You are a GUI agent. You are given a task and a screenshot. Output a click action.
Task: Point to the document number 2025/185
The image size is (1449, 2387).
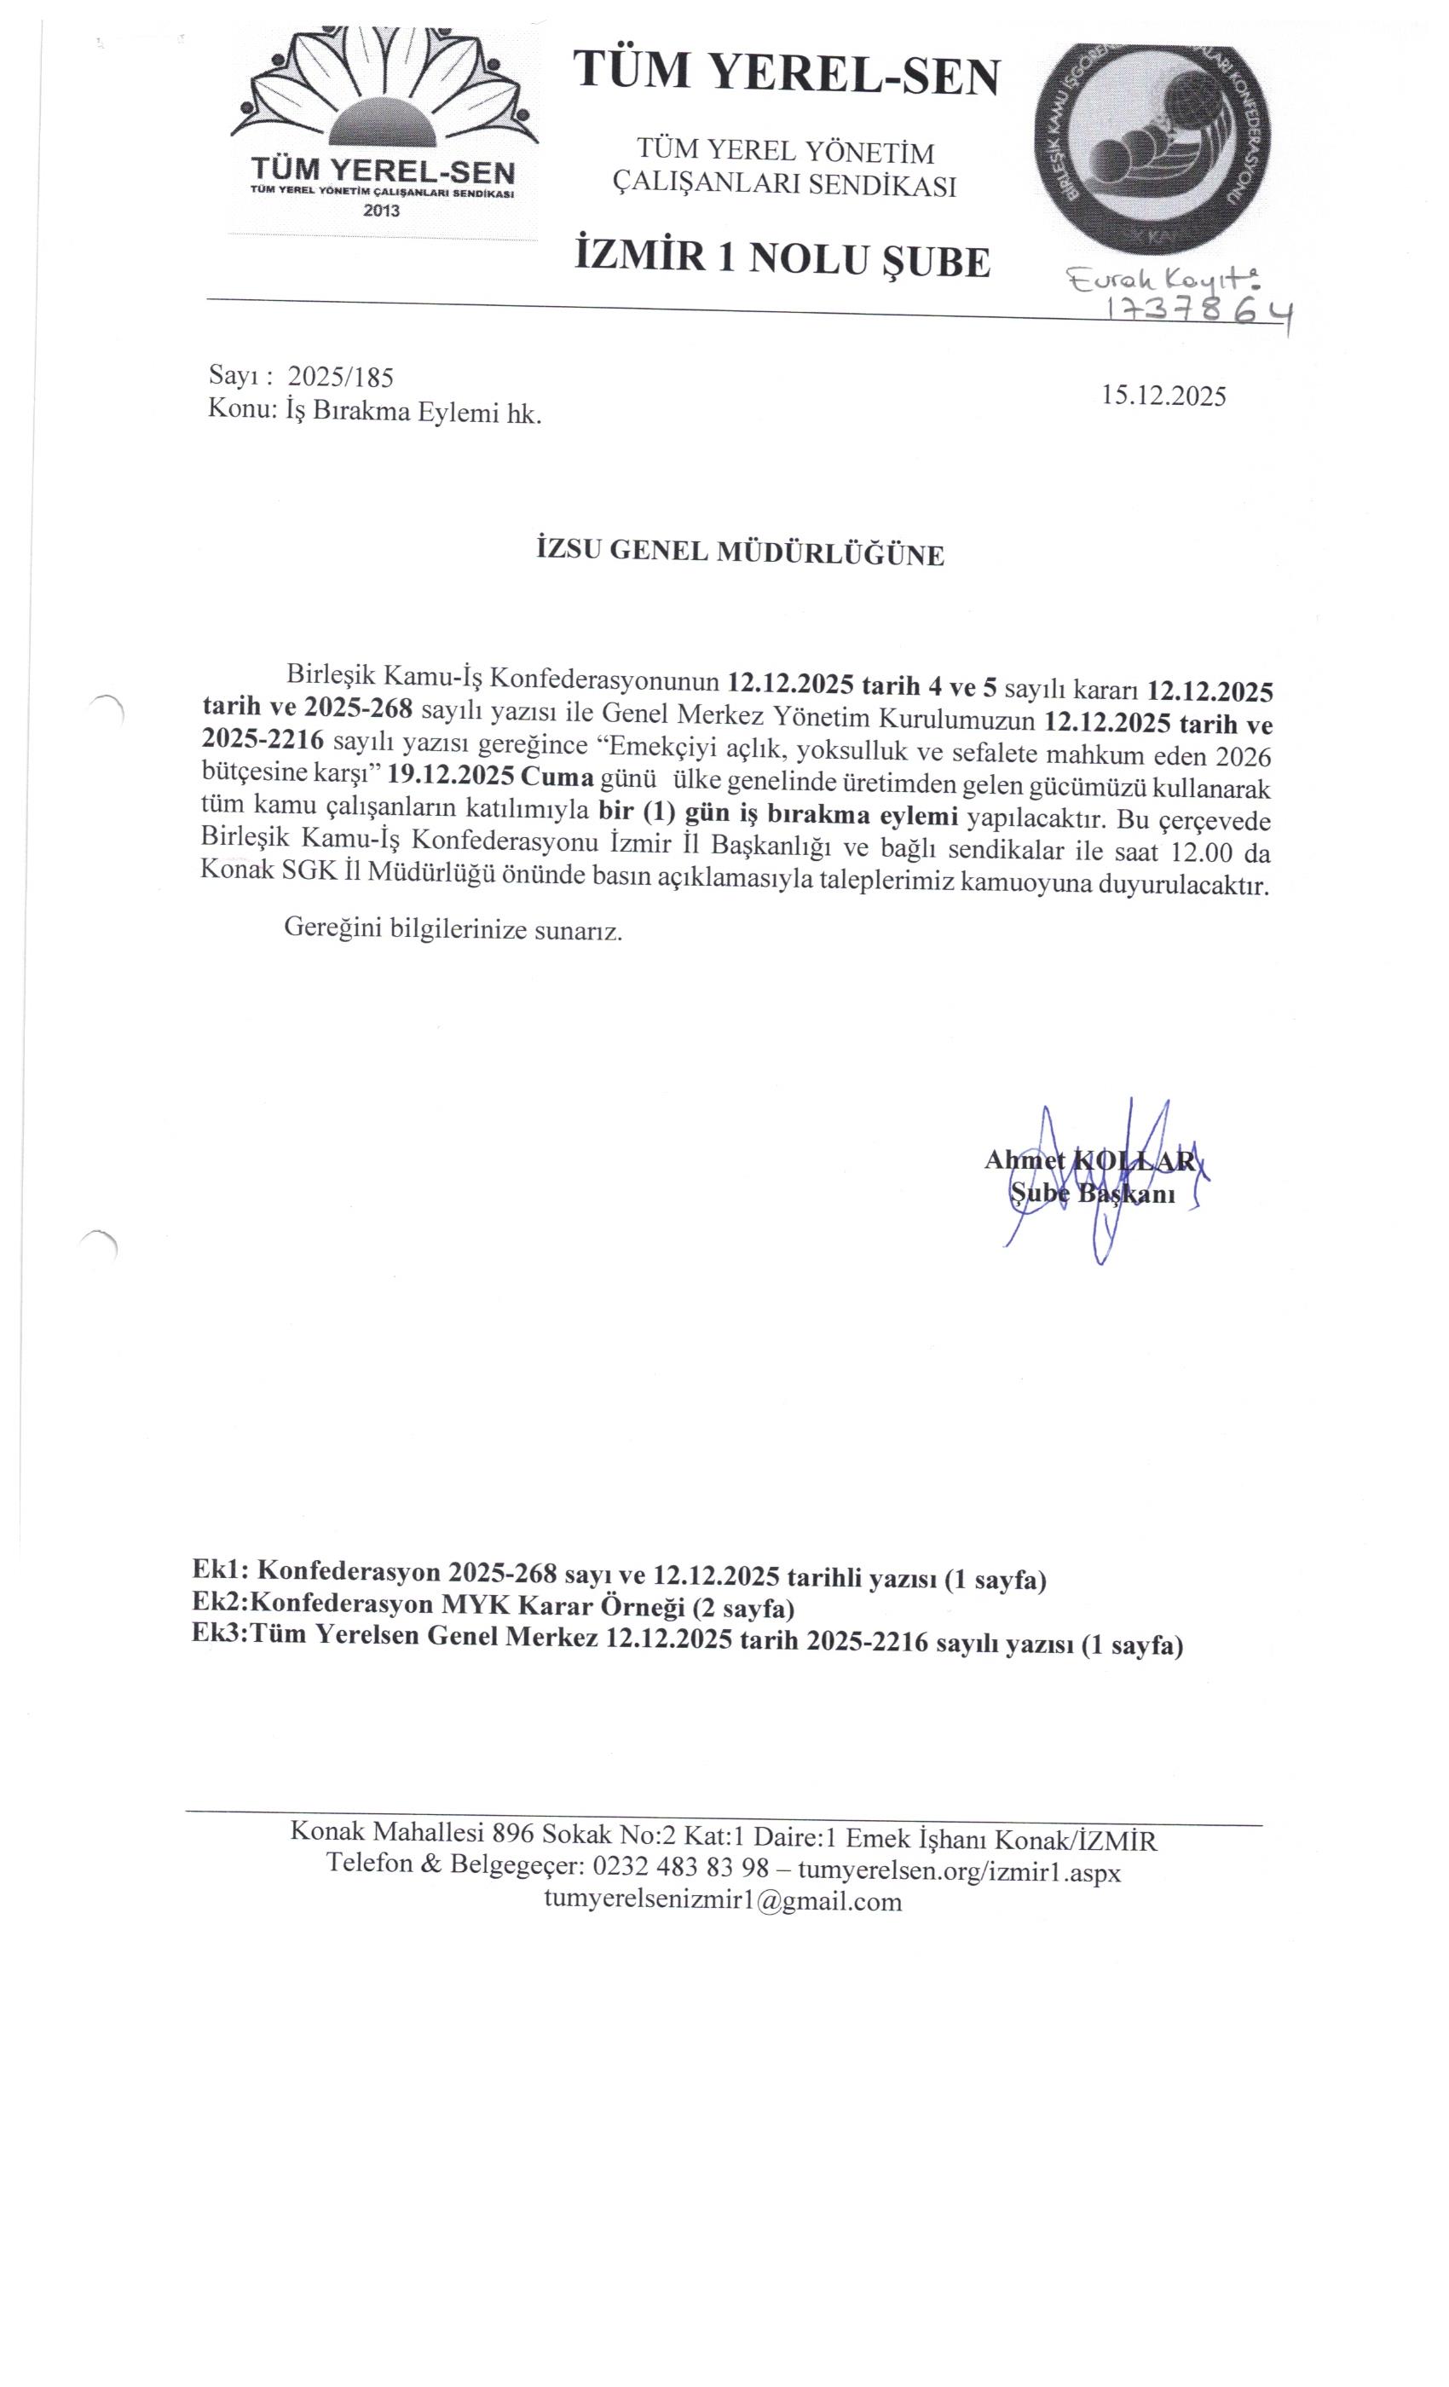coord(341,377)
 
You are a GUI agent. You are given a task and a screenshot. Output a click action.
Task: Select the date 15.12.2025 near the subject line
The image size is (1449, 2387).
coord(1163,396)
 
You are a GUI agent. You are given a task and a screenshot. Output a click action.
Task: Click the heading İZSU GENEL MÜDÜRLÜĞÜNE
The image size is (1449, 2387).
coord(740,553)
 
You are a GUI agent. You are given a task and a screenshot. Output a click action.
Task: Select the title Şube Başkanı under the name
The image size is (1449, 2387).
coord(1093,1193)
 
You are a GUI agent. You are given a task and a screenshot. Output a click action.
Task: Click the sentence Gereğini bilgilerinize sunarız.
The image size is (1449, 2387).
coord(453,930)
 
